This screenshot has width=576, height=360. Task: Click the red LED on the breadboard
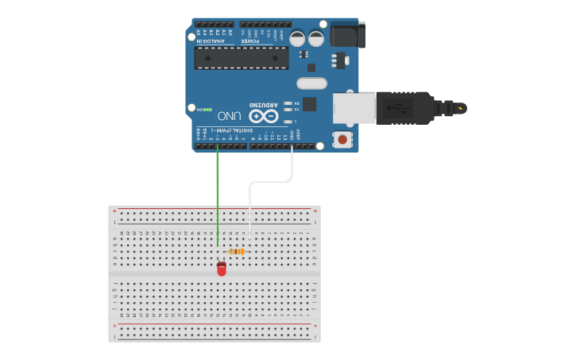221,269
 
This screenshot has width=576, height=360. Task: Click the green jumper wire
218,199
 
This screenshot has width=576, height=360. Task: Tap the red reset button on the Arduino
342,139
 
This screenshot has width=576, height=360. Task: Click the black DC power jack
347,34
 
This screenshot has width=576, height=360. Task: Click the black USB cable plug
405,107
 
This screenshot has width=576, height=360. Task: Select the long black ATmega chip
242,56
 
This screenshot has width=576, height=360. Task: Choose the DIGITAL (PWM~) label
236,130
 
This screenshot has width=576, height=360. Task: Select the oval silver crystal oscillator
311,83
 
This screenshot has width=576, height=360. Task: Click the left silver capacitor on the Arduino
297,38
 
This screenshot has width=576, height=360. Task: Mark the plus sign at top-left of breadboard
115,211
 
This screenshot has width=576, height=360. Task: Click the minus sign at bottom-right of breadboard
315,335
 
